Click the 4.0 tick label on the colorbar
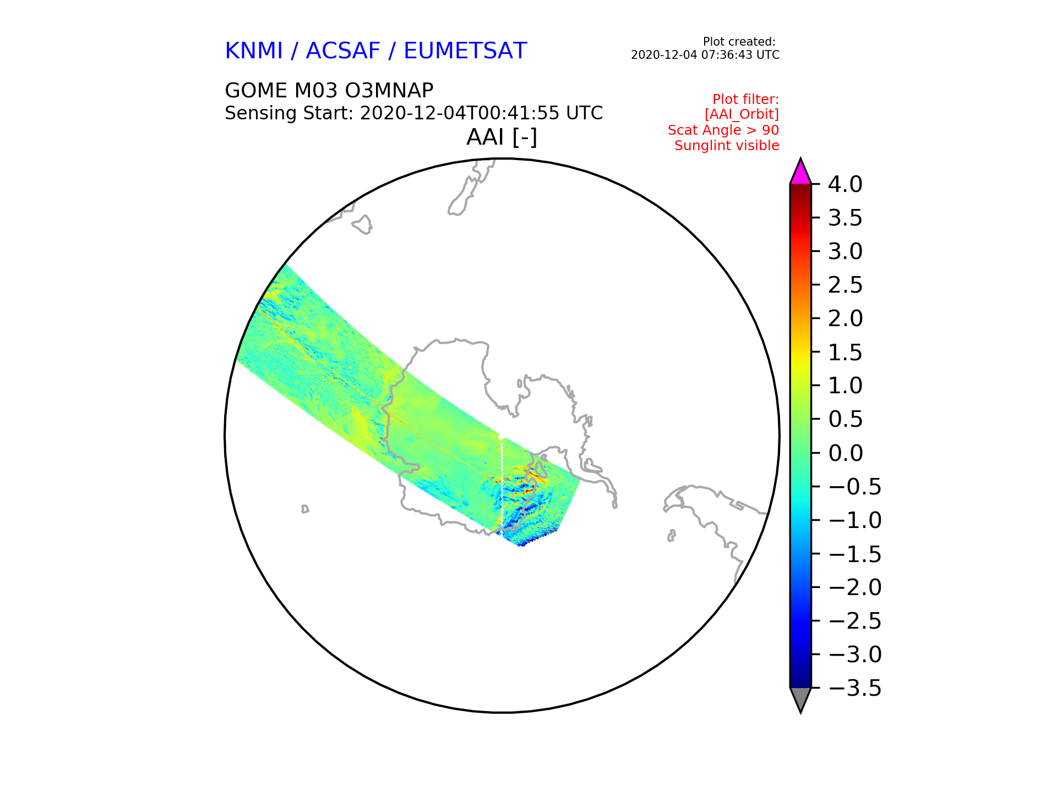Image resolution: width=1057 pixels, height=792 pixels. [845, 185]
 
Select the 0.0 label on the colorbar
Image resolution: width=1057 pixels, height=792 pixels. [845, 453]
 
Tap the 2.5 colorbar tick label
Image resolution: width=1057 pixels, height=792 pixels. [845, 285]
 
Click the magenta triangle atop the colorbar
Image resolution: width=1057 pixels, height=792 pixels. [800, 173]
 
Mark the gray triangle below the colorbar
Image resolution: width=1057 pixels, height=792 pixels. [800, 699]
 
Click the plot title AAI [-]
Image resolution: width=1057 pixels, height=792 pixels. [502, 137]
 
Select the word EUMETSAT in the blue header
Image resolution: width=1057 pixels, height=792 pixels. [465, 51]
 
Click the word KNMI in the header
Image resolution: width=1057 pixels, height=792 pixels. [254, 51]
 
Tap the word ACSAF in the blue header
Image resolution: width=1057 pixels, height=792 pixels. [343, 51]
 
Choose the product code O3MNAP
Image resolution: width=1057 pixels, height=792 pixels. [389, 90]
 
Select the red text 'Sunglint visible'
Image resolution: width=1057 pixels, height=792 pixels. [727, 146]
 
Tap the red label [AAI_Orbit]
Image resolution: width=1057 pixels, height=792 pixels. [742, 114]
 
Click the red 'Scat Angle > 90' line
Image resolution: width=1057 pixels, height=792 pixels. [723, 130]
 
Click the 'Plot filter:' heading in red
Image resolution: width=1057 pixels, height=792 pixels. [746, 100]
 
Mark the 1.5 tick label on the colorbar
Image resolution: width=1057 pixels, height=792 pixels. [845, 353]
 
